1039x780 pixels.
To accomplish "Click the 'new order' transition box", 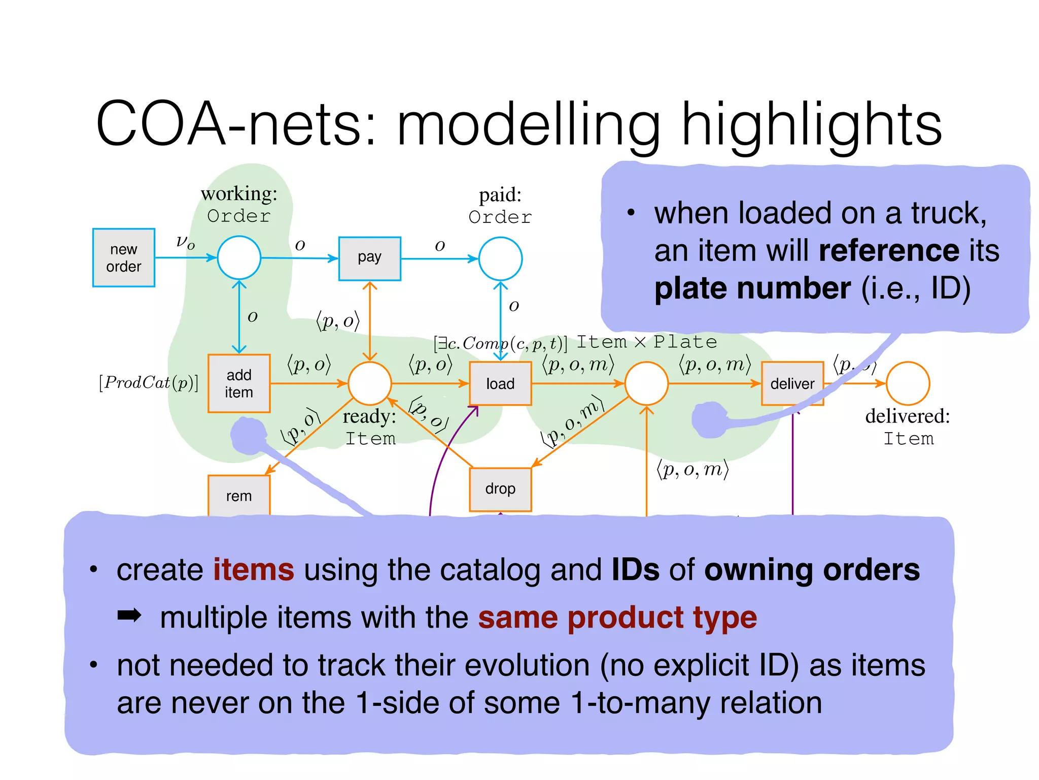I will (123, 257).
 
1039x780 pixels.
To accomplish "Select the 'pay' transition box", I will (369, 258).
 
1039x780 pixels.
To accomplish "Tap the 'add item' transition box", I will (238, 383).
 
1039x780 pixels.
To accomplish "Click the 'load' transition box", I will (500, 383).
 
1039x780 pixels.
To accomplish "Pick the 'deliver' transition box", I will (791, 383).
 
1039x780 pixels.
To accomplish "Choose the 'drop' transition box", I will (500, 489).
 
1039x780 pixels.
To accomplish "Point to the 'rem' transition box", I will (238, 496).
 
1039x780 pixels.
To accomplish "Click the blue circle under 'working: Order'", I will (239, 257).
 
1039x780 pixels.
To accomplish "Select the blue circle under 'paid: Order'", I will (500, 258).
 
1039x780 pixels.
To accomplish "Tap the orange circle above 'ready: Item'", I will (369, 383).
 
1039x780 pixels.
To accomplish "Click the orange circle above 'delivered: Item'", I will (908, 383).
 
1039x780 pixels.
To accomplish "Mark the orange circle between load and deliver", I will (646, 383).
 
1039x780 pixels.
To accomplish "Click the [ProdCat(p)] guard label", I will (149, 382).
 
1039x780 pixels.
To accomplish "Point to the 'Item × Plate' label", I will (647, 342).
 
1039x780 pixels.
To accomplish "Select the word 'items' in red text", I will (253, 569).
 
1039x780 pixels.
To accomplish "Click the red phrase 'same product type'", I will (617, 617).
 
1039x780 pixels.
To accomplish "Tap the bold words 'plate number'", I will (752, 288).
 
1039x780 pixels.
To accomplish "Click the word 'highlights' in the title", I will (811, 124).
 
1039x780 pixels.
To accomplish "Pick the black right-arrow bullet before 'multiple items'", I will (129, 616).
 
